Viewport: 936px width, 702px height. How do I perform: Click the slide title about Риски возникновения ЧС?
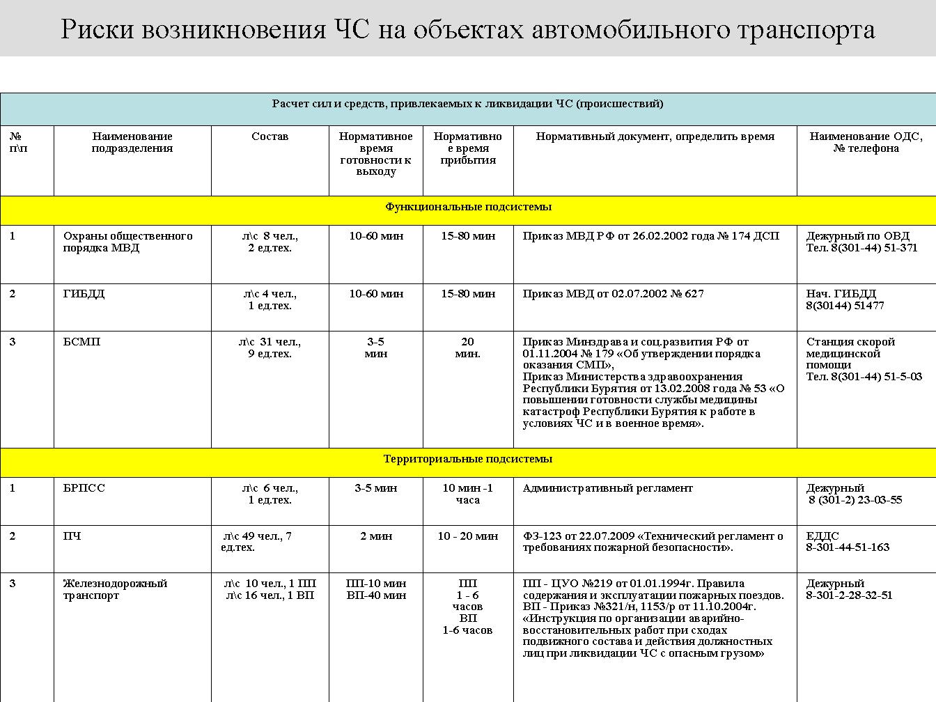point(467,30)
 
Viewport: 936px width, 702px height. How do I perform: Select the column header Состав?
point(270,136)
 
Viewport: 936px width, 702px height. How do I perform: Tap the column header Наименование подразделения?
point(132,142)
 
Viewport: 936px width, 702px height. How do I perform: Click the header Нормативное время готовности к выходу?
point(375,154)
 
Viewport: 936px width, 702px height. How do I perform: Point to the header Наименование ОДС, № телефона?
point(865,142)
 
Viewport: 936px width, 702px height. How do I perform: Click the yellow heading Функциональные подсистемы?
point(468,207)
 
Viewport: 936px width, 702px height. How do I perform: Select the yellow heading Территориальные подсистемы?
point(468,459)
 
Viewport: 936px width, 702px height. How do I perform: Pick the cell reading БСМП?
point(81,342)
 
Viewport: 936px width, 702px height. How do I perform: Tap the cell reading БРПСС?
point(84,488)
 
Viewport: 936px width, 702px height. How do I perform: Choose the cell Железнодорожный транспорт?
point(115,589)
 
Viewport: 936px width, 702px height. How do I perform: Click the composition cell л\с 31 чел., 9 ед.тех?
point(270,348)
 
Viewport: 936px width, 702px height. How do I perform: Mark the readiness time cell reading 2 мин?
point(376,536)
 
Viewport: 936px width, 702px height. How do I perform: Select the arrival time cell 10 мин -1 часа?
point(467,494)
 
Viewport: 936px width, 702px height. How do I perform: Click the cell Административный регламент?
point(607,488)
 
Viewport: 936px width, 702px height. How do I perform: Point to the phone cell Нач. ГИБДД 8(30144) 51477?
point(845,299)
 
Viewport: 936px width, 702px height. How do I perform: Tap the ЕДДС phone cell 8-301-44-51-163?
point(848,542)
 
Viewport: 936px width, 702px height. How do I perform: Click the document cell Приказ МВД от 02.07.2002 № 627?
point(613,294)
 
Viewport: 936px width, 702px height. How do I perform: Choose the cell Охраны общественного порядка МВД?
point(127,242)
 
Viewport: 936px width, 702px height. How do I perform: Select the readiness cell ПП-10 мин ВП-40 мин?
point(376,589)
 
